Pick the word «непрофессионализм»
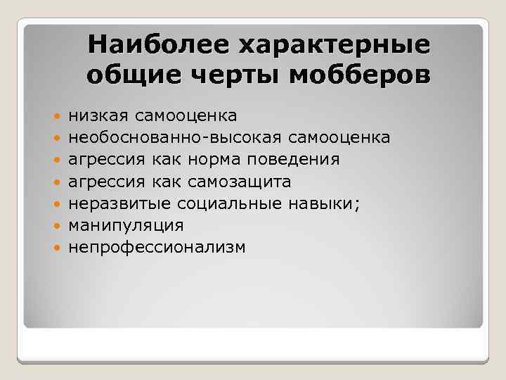tap(157, 248)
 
